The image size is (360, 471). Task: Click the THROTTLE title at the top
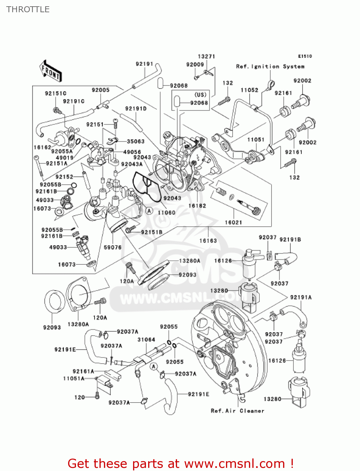(28, 9)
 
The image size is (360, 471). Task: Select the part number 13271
(206, 57)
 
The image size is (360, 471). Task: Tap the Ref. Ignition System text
(270, 67)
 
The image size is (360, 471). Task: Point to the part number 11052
(249, 90)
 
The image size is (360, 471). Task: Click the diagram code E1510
(305, 56)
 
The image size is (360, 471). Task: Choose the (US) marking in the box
(201, 95)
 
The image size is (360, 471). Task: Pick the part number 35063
(136, 141)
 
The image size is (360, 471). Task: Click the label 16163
(208, 241)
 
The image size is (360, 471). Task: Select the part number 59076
(112, 247)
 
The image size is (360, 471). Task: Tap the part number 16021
(233, 222)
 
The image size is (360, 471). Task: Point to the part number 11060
(166, 213)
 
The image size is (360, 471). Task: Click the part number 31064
(146, 339)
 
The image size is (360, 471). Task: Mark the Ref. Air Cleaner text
(237, 411)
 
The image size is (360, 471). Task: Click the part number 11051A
(74, 378)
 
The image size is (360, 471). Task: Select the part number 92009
(195, 65)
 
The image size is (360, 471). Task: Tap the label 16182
(197, 206)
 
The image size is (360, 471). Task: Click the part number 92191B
(290, 240)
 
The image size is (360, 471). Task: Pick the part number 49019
(65, 158)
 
